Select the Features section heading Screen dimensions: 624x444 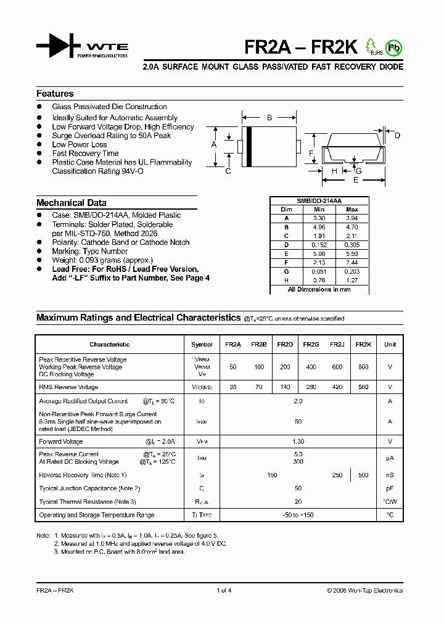click(x=55, y=94)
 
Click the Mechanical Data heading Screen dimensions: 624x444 click(x=71, y=202)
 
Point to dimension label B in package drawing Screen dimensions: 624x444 click(x=269, y=117)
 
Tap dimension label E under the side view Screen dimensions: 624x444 click(x=356, y=180)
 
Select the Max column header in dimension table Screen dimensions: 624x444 click(x=351, y=210)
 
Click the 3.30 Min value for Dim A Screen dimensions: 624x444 click(x=319, y=218)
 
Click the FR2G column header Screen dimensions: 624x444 click(x=311, y=345)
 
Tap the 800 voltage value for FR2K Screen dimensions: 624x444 click(x=363, y=367)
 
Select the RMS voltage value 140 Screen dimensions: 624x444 click(x=285, y=387)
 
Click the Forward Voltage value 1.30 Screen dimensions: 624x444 click(x=298, y=441)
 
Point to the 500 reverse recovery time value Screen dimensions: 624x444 click(x=363, y=475)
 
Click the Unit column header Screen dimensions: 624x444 click(x=390, y=345)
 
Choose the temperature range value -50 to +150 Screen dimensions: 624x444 click(x=298, y=515)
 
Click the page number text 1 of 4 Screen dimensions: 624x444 click(x=224, y=590)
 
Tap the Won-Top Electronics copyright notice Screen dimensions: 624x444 click(x=364, y=590)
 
